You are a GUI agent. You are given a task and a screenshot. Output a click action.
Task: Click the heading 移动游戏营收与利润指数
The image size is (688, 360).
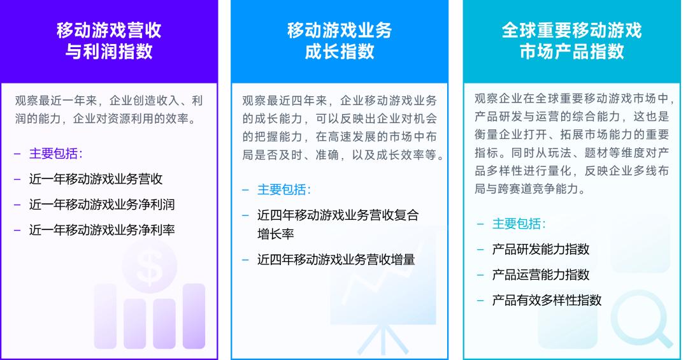(109, 41)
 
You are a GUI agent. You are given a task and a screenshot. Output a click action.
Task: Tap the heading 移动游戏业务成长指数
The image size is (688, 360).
(339, 41)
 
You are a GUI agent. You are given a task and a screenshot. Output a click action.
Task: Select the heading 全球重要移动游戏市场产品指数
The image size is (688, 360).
(571, 41)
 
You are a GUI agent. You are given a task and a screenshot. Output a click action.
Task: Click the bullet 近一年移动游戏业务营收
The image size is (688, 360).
(96, 178)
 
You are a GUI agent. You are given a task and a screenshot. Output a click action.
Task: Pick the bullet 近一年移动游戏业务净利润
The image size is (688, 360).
(102, 204)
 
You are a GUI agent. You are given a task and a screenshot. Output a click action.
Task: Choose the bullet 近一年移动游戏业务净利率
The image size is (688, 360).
(102, 229)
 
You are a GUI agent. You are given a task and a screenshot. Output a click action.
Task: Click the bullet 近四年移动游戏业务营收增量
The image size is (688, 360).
(336, 259)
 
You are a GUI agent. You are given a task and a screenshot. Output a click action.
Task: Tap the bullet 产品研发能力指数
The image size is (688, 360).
(541, 249)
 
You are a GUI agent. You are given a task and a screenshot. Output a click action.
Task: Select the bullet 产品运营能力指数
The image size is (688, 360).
(541, 275)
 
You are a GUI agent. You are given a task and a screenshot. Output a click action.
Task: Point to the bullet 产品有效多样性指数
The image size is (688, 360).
(547, 300)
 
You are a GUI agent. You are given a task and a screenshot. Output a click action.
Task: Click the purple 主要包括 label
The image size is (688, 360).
(55, 153)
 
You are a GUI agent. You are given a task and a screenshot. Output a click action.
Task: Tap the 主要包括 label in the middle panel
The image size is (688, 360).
(284, 189)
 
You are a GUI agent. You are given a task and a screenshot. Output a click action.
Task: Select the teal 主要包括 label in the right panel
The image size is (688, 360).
(519, 224)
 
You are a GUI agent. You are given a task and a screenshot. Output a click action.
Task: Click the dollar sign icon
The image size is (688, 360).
(150, 266)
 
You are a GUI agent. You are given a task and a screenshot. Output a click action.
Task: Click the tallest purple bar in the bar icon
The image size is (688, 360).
(194, 316)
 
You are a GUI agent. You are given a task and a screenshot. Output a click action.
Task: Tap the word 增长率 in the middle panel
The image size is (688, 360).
(276, 234)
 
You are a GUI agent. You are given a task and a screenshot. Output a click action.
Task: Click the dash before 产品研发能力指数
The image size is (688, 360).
(480, 250)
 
